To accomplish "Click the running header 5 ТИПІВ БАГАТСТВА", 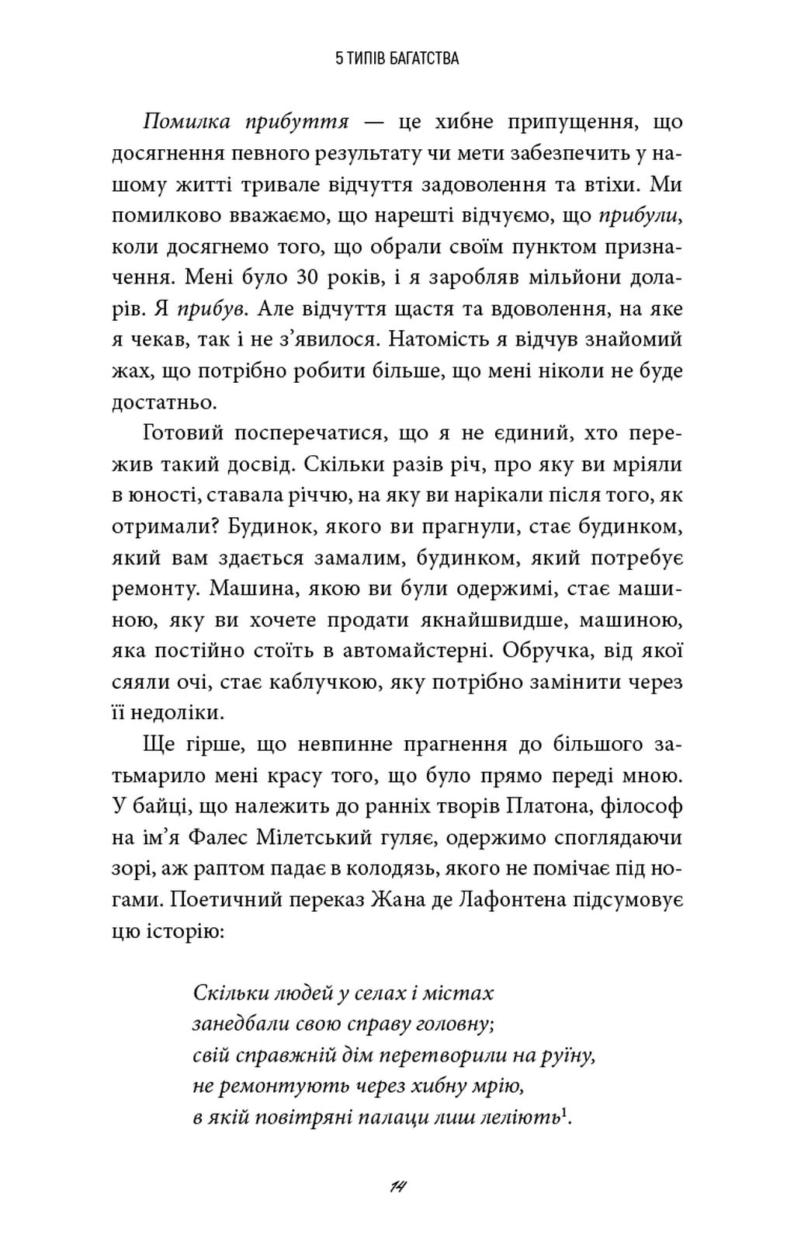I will [397, 58].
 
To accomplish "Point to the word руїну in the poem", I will [569, 1055].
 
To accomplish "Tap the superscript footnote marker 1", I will [564, 1113].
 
